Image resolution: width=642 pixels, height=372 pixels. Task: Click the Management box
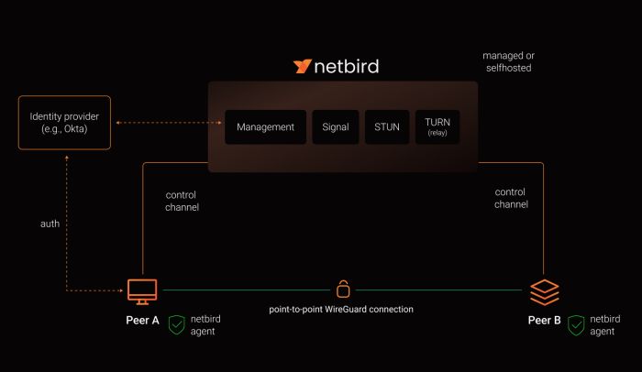265,127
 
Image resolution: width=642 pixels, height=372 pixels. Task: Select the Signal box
336,127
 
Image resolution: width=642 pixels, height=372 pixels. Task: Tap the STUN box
386,127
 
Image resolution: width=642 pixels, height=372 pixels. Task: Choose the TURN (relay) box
437,127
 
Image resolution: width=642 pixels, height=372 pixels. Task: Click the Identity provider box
64,123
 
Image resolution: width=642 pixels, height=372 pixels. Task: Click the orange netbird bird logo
303,67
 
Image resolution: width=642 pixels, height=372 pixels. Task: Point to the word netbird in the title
348,67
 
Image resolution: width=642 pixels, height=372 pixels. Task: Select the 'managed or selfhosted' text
508,62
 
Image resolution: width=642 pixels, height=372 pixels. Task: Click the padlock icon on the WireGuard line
343,289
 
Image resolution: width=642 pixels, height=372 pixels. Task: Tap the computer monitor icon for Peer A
142,291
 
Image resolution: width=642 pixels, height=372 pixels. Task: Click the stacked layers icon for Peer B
544,291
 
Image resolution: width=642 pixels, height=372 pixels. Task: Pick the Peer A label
142,321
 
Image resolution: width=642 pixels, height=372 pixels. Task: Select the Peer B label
544,321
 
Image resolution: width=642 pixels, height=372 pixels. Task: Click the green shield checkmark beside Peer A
178,324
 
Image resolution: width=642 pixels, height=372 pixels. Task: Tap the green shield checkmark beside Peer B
576,324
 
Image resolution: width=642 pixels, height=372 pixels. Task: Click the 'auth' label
50,224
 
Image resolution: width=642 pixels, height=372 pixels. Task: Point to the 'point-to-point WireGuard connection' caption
341,310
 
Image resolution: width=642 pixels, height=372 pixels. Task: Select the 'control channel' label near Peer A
182,202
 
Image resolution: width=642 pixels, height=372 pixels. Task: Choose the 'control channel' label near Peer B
511,198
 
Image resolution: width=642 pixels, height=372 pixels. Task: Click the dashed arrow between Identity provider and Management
159,123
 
